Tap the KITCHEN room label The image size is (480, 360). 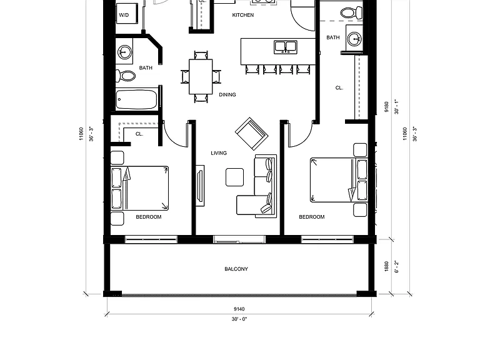[242, 15]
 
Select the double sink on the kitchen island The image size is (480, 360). [285, 47]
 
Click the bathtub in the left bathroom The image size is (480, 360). [137, 99]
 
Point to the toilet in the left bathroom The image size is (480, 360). [126, 76]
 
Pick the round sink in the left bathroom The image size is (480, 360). [124, 52]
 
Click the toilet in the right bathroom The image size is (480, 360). [352, 13]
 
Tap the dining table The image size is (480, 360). [201, 76]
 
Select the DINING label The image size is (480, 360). [227, 95]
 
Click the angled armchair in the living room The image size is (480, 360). [252, 134]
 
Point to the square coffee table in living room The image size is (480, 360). [235, 177]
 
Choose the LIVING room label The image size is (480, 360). [219, 153]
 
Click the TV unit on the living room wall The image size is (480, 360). [200, 186]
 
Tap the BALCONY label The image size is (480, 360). [236, 269]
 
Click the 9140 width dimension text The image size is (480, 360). [239, 309]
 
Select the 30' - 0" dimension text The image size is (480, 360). [239, 319]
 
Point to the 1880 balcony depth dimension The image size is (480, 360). [386, 266]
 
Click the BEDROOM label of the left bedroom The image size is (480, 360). [149, 217]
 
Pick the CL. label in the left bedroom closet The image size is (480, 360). [139, 134]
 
